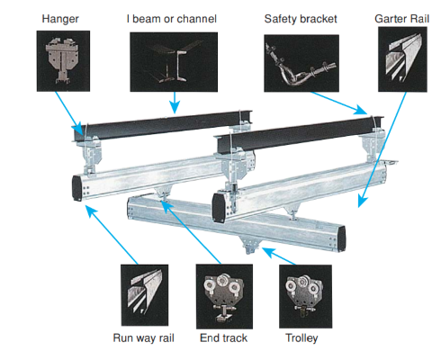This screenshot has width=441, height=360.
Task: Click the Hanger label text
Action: tap(60, 19)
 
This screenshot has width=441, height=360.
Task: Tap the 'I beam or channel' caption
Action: tap(172, 19)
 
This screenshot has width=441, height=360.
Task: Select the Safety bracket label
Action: tap(301, 19)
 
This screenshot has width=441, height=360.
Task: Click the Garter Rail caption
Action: tap(402, 19)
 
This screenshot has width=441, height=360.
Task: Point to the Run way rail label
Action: tap(144, 338)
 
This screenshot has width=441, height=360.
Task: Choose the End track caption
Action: tap(223, 338)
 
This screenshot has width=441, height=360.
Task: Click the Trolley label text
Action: tap(301, 338)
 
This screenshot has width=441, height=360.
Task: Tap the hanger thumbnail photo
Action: tap(63, 61)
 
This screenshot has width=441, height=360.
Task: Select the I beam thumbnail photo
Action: tap(174, 62)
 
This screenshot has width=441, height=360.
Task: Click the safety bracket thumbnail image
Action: tap(301, 63)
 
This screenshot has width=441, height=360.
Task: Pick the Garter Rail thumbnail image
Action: tap(402, 59)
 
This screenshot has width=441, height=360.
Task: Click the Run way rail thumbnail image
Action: tap(145, 295)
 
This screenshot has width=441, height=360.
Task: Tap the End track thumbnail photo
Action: tap(224, 296)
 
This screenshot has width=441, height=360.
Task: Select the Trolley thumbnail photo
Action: tap(305, 296)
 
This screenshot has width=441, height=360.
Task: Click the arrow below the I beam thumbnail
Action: tap(175, 103)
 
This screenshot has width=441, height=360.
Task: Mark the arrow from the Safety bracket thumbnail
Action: tap(339, 103)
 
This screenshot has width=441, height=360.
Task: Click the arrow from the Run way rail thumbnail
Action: tap(112, 235)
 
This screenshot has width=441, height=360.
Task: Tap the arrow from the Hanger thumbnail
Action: tap(69, 113)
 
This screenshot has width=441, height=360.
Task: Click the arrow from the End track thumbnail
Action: tap(191, 232)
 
